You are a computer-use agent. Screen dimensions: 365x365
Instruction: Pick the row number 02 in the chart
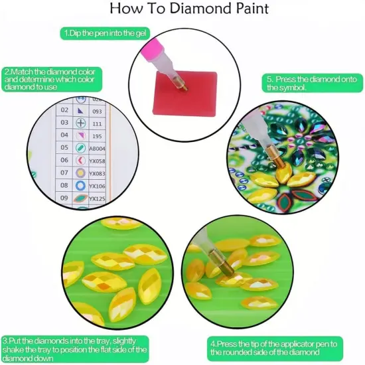point(64,110)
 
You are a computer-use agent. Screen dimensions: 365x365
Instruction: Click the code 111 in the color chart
point(96,123)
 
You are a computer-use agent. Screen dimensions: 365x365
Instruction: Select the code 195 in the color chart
point(96,135)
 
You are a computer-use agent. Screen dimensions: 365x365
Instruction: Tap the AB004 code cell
point(98,148)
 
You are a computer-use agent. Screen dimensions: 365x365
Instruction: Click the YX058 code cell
point(98,161)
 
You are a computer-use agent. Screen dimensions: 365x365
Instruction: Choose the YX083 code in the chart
point(98,173)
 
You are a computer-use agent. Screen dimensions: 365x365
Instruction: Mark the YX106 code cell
point(98,186)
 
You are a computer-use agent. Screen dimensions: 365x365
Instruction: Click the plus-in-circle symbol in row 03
point(80,123)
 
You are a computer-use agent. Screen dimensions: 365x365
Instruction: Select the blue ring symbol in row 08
point(80,186)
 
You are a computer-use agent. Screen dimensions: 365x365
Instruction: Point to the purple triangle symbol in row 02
point(80,110)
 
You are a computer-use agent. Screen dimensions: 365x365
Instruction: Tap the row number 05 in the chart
point(64,148)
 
